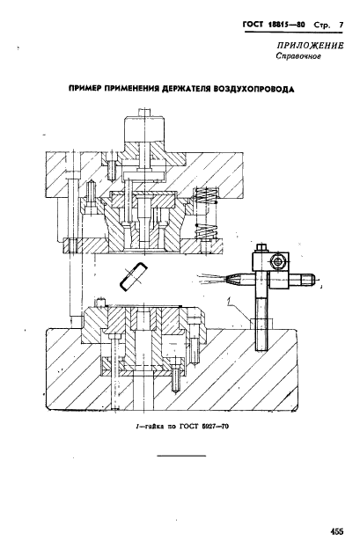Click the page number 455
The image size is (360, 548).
(336, 531)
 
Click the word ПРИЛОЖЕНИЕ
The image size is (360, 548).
(310, 46)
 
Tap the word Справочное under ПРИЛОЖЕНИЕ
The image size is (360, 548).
(298, 56)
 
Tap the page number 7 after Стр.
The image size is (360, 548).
(341, 26)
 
